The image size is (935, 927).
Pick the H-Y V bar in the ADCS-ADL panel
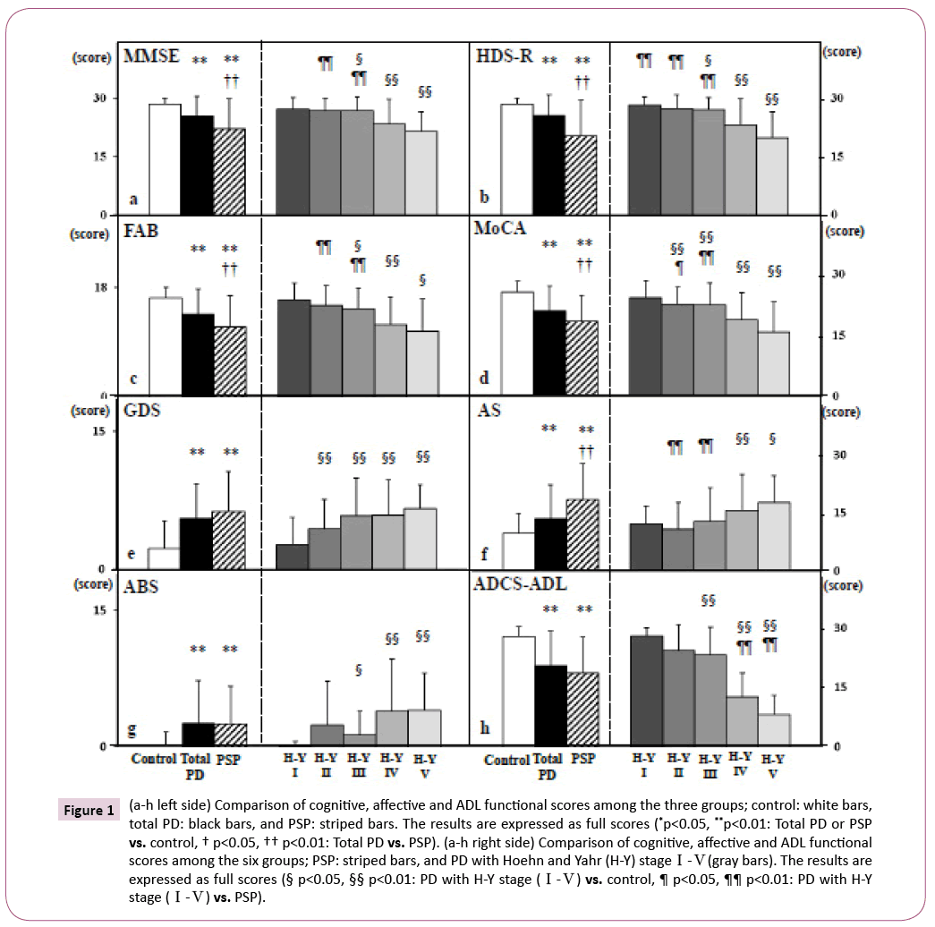(776, 729)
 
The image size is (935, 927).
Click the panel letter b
(484, 197)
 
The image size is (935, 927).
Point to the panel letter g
(132, 729)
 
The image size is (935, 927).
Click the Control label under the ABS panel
(153, 760)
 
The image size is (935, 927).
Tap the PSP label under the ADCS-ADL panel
(582, 760)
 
